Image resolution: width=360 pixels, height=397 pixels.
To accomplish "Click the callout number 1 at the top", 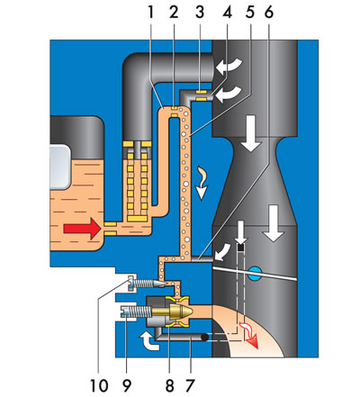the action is click(150, 12).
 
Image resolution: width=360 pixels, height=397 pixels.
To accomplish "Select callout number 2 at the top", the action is click(174, 12).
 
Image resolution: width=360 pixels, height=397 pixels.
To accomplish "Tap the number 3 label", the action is click(200, 12).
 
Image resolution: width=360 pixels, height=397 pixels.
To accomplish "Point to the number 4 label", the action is click(227, 12).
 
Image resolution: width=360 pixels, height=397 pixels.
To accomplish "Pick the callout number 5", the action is click(249, 12).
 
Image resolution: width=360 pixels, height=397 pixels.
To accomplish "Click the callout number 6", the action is click(269, 12).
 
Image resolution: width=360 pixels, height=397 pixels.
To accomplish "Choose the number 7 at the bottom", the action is click(190, 384).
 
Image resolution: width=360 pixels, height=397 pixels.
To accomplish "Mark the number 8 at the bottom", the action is click(170, 384).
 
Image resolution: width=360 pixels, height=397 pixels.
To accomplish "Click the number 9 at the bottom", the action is click(127, 384).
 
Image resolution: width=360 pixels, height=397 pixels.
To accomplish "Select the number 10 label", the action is click(99, 384).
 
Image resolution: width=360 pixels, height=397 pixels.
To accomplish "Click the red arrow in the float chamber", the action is click(82, 229).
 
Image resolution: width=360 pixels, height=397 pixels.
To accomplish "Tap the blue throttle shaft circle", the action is click(255, 274).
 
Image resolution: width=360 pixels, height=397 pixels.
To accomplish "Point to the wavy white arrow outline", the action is click(202, 184).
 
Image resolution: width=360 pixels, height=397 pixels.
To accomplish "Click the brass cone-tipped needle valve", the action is click(173, 311).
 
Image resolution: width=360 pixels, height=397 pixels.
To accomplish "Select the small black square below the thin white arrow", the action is click(240, 248).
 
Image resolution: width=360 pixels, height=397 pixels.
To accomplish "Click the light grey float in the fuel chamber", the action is click(60, 167).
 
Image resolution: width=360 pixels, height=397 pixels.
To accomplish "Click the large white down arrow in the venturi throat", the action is click(250, 132).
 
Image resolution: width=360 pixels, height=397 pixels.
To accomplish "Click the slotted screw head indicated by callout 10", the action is click(132, 283).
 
